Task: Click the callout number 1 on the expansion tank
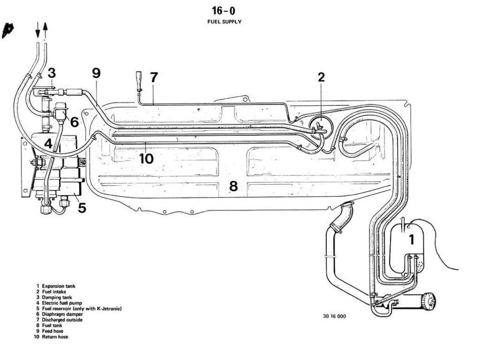coord(412,240)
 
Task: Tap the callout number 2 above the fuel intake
coord(321,77)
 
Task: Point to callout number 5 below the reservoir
coord(82,207)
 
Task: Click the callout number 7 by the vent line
coord(154,77)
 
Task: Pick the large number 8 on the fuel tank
coord(233,186)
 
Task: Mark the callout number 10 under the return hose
coord(146,158)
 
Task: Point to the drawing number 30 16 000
coord(334,316)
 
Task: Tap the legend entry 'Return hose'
coord(55,336)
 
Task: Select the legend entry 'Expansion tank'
coord(58,286)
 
